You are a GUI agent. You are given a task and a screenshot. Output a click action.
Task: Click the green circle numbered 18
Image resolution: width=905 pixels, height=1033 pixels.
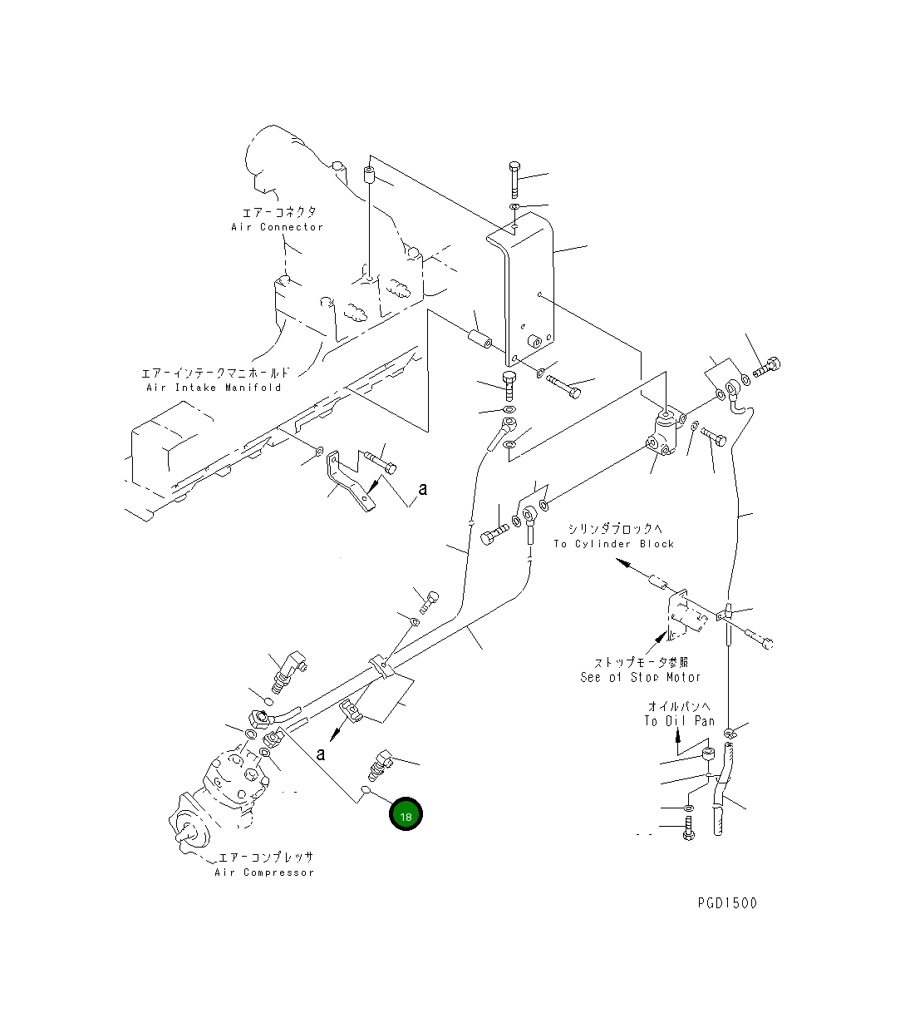pyautogui.click(x=406, y=816)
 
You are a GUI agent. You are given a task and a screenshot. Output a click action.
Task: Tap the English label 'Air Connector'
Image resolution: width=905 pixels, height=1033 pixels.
pyautogui.click(x=277, y=227)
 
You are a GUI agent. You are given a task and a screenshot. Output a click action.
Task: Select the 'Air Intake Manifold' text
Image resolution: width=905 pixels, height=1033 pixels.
pyautogui.click(x=214, y=388)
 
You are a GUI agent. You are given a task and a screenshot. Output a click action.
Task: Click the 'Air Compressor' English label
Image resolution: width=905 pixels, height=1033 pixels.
pyautogui.click(x=264, y=872)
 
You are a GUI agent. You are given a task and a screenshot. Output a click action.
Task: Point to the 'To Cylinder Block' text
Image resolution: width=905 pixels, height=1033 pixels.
pyautogui.click(x=614, y=544)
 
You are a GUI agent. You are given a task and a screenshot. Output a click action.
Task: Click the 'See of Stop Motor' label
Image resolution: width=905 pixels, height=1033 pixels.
pyautogui.click(x=640, y=678)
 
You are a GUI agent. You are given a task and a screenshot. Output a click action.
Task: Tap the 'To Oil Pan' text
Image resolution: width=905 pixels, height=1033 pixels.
pyautogui.click(x=679, y=721)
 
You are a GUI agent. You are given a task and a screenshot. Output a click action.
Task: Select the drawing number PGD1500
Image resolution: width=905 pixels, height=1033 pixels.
pyautogui.click(x=727, y=903)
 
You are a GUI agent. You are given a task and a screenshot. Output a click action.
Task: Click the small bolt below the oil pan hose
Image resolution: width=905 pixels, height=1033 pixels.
pyautogui.click(x=688, y=828)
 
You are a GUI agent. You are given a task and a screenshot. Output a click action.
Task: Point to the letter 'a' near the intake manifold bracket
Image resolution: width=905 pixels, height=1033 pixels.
pyautogui.click(x=423, y=489)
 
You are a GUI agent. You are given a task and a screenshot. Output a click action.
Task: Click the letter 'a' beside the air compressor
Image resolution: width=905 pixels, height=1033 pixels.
pyautogui.click(x=321, y=754)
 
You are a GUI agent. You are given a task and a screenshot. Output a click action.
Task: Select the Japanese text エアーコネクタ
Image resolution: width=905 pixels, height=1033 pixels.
pyautogui.click(x=279, y=213)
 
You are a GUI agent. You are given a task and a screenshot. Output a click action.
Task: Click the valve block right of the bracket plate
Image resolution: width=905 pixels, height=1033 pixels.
pyautogui.click(x=666, y=432)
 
